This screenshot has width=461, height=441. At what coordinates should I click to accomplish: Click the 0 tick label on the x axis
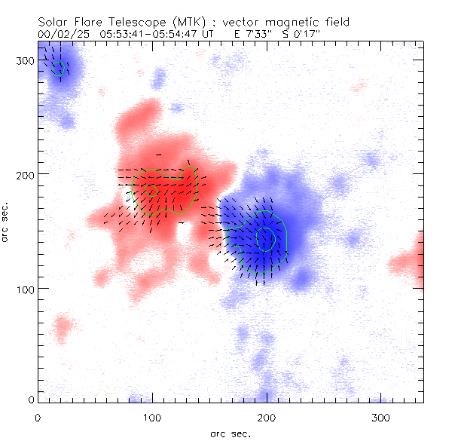pos(38,416)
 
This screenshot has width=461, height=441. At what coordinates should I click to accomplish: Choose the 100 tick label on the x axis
pos(152,416)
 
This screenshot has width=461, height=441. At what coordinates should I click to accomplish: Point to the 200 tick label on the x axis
pos(267,416)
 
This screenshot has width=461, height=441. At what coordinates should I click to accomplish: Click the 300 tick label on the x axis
pos(381,416)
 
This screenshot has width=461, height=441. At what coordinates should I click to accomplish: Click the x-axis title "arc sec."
pos(230,433)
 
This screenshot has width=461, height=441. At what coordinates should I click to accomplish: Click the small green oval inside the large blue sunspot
pos(267,238)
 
